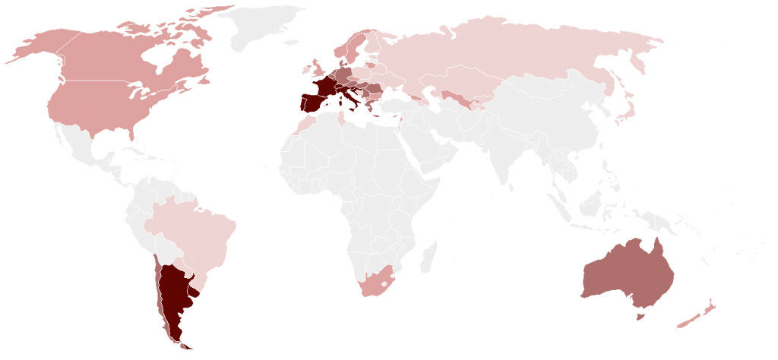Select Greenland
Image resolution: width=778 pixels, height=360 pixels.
click(266, 27)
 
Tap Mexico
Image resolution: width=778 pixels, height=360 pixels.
click(87, 148)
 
